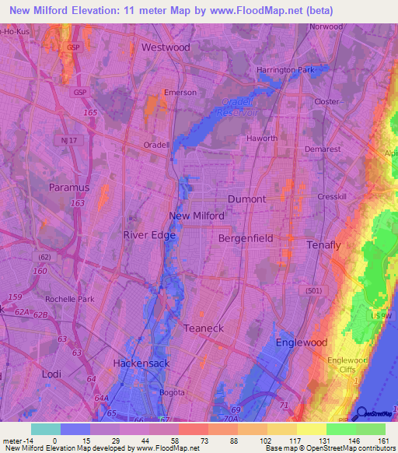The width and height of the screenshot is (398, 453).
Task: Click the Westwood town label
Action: click(166, 47)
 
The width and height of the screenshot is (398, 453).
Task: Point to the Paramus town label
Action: click(69, 188)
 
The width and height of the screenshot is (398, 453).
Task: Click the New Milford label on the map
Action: click(197, 216)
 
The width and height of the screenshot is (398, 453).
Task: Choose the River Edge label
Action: click(149, 234)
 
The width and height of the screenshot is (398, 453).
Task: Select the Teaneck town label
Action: click(203, 328)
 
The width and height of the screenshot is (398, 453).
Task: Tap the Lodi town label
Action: click(51, 374)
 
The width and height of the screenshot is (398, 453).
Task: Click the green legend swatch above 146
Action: click(341, 429)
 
